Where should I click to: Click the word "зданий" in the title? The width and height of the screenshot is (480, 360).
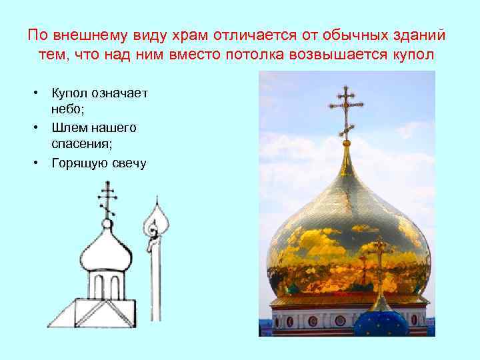coord(421,34)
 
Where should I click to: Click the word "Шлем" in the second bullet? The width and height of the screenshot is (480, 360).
coord(68,127)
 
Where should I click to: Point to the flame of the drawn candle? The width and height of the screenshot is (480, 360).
coord(156,223)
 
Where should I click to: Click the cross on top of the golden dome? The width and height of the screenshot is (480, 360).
coord(345,110)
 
